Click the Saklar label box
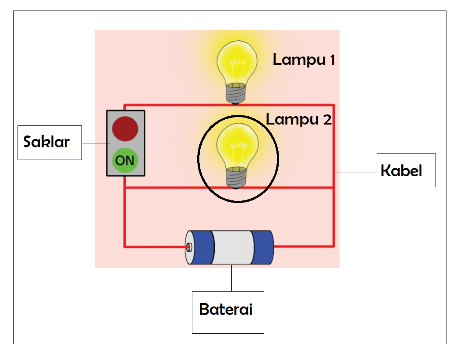click(50, 143)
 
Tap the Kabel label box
click(406, 170)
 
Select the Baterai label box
click(227, 312)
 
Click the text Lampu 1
click(304, 59)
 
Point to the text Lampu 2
click(298, 119)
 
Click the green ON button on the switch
click(125, 160)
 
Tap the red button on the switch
click(125, 128)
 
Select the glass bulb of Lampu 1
click(237, 61)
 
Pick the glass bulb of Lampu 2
click(237, 145)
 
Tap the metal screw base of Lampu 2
click(236, 177)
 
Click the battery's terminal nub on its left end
click(189, 247)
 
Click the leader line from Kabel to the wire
click(355, 172)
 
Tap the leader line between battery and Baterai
click(231, 278)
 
